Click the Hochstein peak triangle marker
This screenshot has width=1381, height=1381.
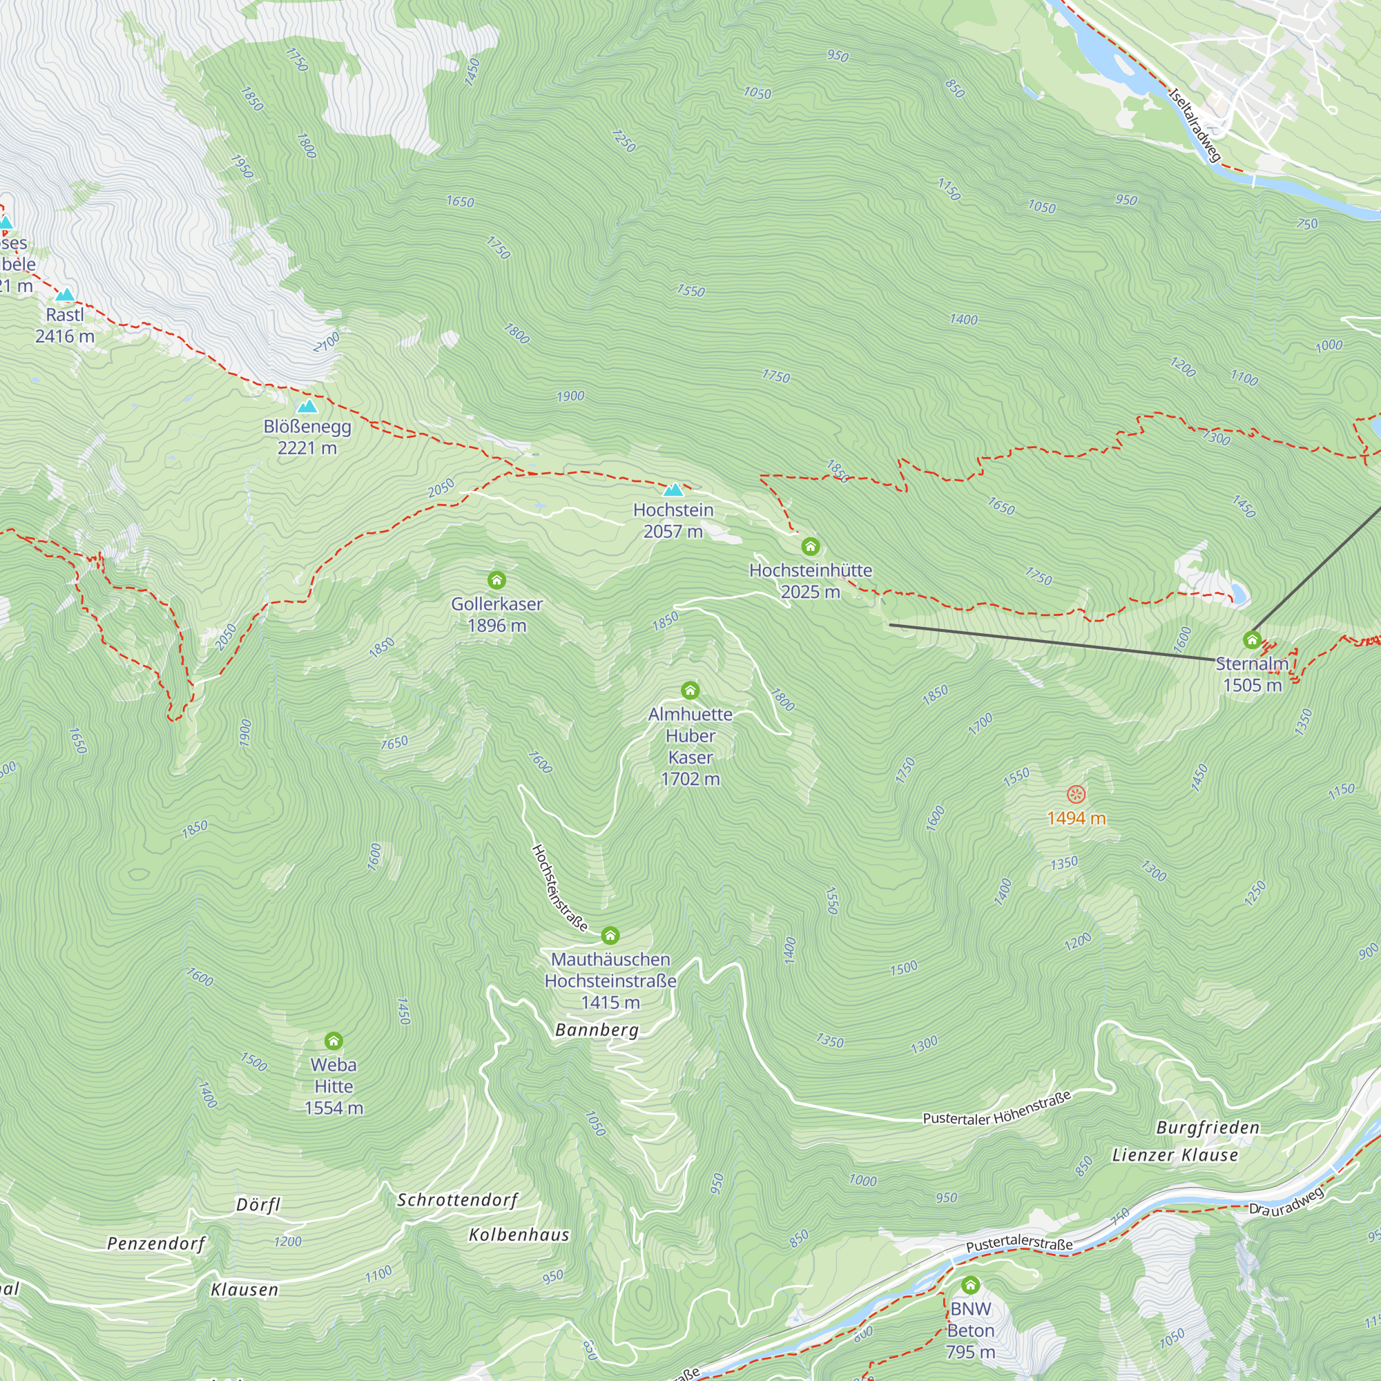(673, 490)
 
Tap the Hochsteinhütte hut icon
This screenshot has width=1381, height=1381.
(810, 547)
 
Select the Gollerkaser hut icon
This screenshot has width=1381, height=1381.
(496, 580)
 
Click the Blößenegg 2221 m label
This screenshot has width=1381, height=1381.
(307, 437)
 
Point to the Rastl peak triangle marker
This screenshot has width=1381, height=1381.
(65, 295)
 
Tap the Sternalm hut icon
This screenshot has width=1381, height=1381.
(1252, 639)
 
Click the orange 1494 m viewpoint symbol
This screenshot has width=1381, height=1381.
(1076, 794)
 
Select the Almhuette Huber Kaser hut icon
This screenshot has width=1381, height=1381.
(690, 690)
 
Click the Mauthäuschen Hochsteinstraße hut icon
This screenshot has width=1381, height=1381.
(610, 935)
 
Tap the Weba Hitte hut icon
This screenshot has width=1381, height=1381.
(333, 1041)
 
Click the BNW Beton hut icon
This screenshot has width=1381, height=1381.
(970, 1285)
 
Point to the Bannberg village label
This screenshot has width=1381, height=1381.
(597, 1030)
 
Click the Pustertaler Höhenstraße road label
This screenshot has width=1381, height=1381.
(997, 1109)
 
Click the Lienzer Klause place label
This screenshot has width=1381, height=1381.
(1175, 1155)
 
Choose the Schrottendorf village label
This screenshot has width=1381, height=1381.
(458, 1199)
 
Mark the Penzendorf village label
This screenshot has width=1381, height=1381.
(156, 1243)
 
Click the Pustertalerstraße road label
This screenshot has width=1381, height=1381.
(1018, 1243)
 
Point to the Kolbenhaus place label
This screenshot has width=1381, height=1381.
(519, 1235)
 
